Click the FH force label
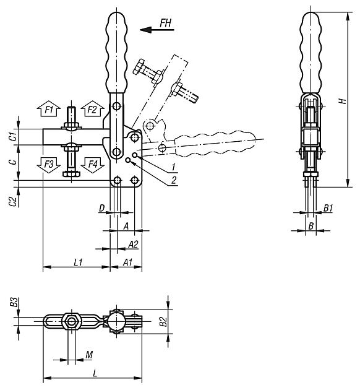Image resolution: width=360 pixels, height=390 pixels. (x=166, y=23)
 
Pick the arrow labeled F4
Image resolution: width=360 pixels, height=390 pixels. (x=92, y=165)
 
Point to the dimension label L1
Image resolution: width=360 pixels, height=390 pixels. (x=78, y=262)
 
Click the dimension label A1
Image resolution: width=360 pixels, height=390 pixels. (x=128, y=262)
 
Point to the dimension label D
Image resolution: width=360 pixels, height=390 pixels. (x=101, y=209)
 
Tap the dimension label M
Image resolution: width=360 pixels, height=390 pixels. (x=88, y=355)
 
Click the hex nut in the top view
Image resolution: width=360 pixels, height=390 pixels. (x=72, y=321)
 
